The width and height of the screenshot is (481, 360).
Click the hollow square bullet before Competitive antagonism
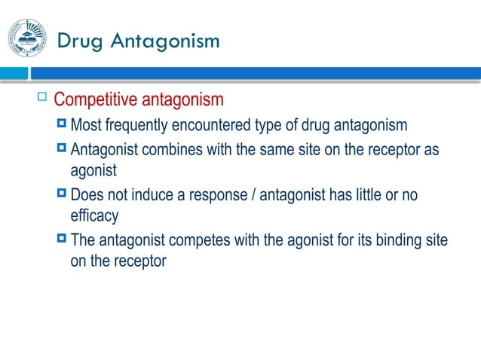click(41, 97)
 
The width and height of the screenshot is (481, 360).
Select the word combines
click(164, 149)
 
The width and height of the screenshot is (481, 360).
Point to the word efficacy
click(94, 216)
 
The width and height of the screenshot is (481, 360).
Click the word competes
click(192, 241)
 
